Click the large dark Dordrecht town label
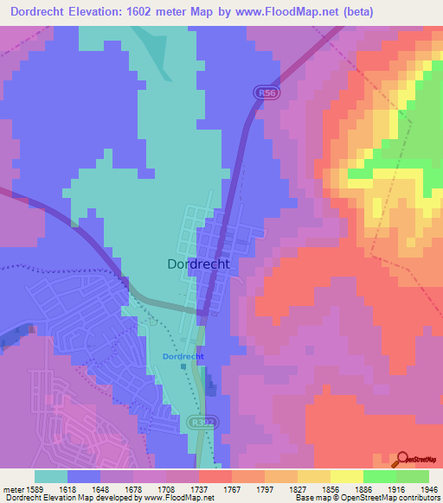point(197,266)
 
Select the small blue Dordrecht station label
point(183,356)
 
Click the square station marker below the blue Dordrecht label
point(183,366)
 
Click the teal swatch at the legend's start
point(51,476)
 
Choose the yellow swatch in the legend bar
point(346,476)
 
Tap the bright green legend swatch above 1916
point(379,476)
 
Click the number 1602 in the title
point(156,11)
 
